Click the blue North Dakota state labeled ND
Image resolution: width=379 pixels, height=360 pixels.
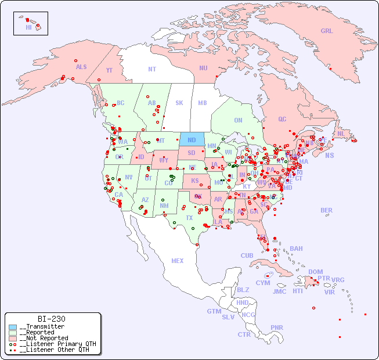pos(192,139)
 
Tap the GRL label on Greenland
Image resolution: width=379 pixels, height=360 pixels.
pos(327,31)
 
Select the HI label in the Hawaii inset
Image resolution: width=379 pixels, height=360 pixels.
pos(28,27)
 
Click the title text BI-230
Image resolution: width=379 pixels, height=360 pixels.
pos(52,319)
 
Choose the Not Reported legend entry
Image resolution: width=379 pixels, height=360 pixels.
pos(44,338)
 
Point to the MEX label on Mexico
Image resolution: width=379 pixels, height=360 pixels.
pos(178,261)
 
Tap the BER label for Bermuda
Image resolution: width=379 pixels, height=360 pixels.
pos(326,210)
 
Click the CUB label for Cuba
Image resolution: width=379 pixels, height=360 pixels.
pos(247,255)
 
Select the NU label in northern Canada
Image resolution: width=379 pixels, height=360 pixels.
pos(203,68)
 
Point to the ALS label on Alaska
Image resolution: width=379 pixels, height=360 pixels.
pos(81,67)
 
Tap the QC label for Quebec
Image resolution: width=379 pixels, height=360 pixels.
pos(282,119)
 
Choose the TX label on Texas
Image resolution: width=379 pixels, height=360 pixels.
pos(189,218)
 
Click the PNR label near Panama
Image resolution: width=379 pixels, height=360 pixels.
pos(277,327)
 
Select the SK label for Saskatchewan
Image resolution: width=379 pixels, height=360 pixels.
pos(179,103)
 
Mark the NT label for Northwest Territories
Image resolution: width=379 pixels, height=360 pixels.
pos(152,69)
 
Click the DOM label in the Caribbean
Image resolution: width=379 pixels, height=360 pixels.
pos(315,272)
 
